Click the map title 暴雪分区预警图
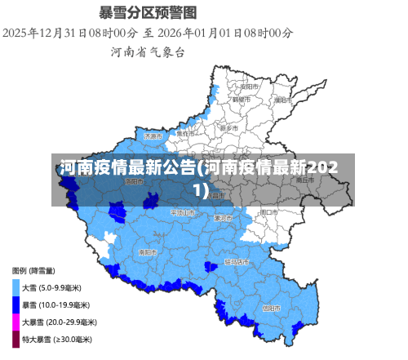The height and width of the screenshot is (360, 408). point(148,13)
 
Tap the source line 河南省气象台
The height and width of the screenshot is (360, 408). point(148,52)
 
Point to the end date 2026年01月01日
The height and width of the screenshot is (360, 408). point(202,33)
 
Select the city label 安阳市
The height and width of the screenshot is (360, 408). point(249,85)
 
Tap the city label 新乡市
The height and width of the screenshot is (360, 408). point(229,128)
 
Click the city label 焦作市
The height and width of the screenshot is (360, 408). point(187,132)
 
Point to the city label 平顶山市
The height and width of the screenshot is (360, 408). point(183,212)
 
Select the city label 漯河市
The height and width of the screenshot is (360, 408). point(223,218)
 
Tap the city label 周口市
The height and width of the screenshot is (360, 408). point(268,211)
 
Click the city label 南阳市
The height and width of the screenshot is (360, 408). point(148,252)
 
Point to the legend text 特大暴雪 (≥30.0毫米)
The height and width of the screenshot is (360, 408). point(56,339)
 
